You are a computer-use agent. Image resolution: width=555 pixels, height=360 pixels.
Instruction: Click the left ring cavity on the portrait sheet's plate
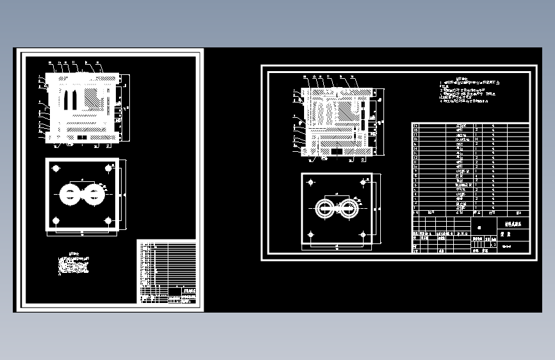[68, 193]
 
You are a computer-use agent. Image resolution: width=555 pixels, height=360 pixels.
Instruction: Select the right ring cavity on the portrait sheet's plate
[95, 193]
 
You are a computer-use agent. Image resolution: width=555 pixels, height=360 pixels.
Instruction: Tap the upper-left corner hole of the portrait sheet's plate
[56, 168]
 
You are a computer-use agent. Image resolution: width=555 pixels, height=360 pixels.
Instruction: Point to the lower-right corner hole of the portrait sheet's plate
[109, 221]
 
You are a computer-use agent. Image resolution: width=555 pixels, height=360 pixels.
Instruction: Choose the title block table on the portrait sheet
[166, 271]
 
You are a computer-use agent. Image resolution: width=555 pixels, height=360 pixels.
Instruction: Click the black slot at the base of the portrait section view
[81, 136]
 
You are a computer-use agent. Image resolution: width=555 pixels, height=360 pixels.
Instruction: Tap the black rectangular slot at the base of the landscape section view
[336, 152]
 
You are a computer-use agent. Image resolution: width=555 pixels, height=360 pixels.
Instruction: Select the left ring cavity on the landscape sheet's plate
[325, 208]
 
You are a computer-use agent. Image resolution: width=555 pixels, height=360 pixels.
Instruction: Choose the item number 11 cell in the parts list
[416, 162]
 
